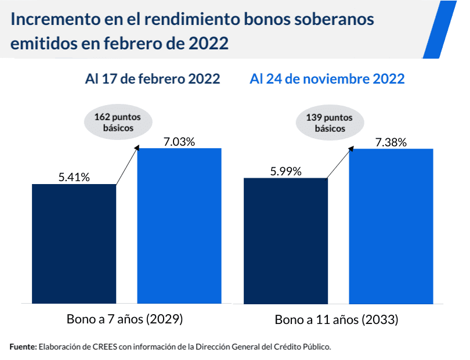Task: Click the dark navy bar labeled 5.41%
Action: (74, 244)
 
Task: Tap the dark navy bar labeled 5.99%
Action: (285, 240)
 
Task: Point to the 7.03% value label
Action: (179, 141)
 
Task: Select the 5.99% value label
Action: (285, 171)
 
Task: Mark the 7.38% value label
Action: (391, 142)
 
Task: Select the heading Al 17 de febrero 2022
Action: (153, 79)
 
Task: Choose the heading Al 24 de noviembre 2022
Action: (327, 79)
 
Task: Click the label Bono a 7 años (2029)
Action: (125, 319)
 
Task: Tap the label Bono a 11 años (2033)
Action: (336, 319)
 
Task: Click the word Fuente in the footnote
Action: (23, 347)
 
